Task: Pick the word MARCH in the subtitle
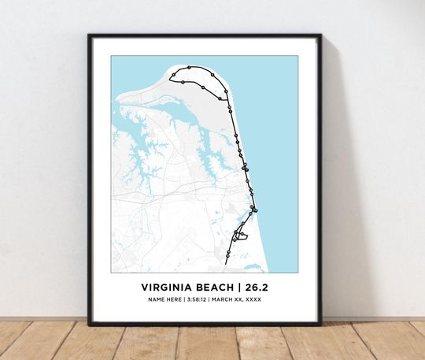point(226,299)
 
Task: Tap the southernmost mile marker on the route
point(227,254)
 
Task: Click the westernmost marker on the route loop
point(173,77)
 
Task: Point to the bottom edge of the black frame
point(205,321)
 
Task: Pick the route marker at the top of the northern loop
point(190,69)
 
